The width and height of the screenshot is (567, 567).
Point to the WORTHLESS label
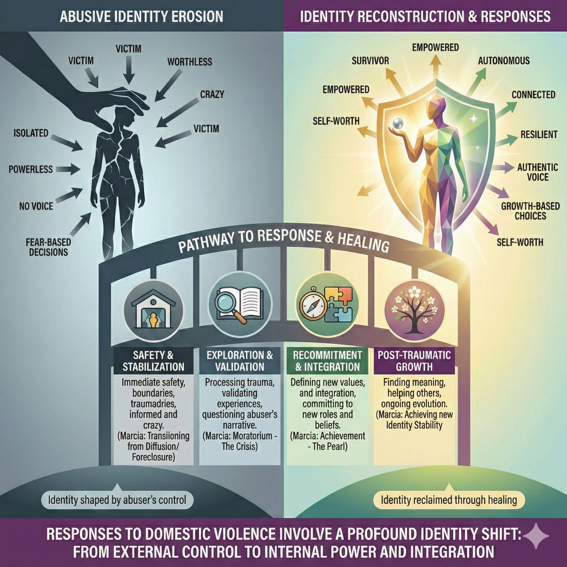pos(190,62)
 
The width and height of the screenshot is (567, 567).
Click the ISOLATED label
pos(31,133)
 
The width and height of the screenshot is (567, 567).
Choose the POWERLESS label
pos(31,169)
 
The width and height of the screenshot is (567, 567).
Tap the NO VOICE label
pos(36,206)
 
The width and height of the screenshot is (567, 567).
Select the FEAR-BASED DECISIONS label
pos(48,247)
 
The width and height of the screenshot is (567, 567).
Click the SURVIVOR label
pos(370,61)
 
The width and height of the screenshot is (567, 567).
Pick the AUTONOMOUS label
pos(504,61)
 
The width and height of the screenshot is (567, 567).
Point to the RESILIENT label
pos(539,135)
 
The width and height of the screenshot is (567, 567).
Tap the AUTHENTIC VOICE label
pos(538,172)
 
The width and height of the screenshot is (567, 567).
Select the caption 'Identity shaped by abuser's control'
pos(117,500)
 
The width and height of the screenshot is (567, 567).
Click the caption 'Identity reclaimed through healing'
pos(449,500)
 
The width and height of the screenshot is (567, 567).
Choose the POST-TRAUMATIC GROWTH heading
pos(414,361)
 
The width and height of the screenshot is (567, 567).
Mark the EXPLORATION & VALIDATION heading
pos(240,361)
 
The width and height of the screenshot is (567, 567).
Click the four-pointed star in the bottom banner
pos(536,536)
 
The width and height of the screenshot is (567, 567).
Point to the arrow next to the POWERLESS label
pos(68,170)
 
